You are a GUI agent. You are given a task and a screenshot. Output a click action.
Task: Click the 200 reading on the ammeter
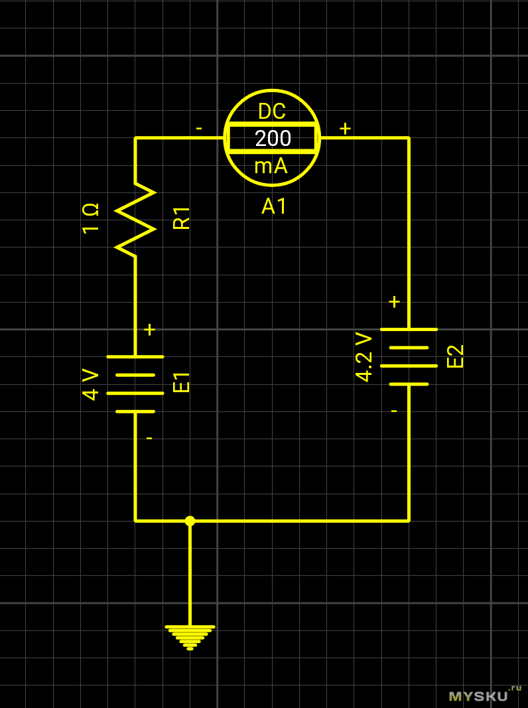point(273,138)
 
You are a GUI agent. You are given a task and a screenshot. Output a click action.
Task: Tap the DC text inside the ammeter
point(272,111)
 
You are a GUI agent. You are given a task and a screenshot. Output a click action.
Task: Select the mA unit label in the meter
point(271,166)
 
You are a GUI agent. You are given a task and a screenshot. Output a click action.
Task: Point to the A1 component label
point(274,206)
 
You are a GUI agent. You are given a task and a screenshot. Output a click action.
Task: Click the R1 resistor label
point(181,218)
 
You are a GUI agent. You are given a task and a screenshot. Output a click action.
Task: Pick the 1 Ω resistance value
point(90,218)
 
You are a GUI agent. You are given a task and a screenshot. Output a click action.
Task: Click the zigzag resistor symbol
point(135,220)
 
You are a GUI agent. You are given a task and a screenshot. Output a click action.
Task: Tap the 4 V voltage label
point(90,384)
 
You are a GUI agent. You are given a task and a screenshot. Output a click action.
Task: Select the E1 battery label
point(181,383)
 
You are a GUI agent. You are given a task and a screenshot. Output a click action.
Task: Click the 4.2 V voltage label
point(363,357)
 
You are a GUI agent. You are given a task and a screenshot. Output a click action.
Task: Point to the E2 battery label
point(456,356)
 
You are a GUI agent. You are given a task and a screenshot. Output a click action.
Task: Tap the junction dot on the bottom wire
point(190,521)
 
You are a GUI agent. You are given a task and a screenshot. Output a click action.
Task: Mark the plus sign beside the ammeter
point(345,128)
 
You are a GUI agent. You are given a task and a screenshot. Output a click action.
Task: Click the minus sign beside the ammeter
point(199,128)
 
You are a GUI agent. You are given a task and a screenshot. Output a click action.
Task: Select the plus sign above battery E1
point(149,329)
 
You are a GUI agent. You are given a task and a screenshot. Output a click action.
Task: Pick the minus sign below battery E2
point(394,411)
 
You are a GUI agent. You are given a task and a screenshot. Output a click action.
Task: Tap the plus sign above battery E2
point(394,302)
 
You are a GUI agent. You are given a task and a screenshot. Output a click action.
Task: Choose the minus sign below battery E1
point(149,438)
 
